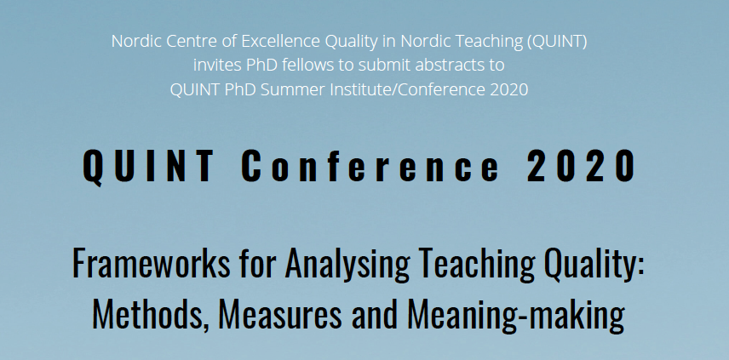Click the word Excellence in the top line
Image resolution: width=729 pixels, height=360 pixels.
[281, 42]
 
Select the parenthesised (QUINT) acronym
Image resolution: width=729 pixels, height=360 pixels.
[557, 42]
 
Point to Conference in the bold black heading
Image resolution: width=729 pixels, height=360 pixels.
[370, 166]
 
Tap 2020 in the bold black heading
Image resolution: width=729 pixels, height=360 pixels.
[581, 166]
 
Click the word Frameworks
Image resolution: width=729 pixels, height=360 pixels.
[151, 263]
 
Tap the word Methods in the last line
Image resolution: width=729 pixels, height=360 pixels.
[150, 315]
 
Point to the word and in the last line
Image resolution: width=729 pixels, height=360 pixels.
[375, 315]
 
